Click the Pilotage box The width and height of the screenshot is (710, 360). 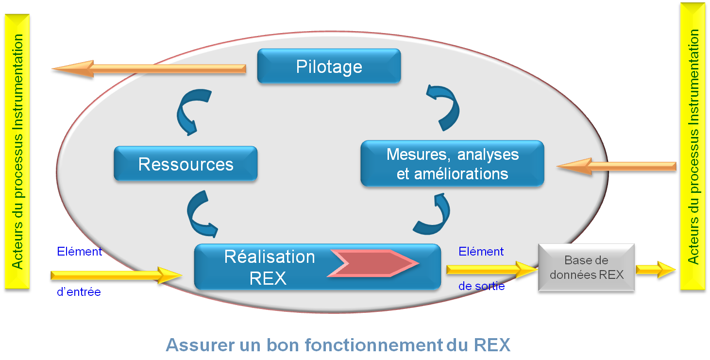coord(329,66)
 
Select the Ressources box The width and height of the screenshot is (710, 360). coord(186,164)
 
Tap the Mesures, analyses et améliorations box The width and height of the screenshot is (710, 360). coord(452,164)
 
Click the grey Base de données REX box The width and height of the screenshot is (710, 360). coord(586,267)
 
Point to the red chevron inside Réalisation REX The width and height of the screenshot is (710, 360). coord(372,263)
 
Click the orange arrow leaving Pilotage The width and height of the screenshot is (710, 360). coord(148,68)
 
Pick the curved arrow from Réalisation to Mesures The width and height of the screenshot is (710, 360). coord(434,214)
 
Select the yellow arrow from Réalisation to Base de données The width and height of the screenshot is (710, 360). coord(490,269)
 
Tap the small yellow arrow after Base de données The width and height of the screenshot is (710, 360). coord(655,269)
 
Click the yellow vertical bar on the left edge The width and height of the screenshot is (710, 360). coord(17,151)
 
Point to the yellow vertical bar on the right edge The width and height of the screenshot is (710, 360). coord(693,146)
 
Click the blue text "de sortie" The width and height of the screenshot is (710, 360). coord(481,287)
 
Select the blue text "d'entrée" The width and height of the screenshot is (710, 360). coord(79,292)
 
